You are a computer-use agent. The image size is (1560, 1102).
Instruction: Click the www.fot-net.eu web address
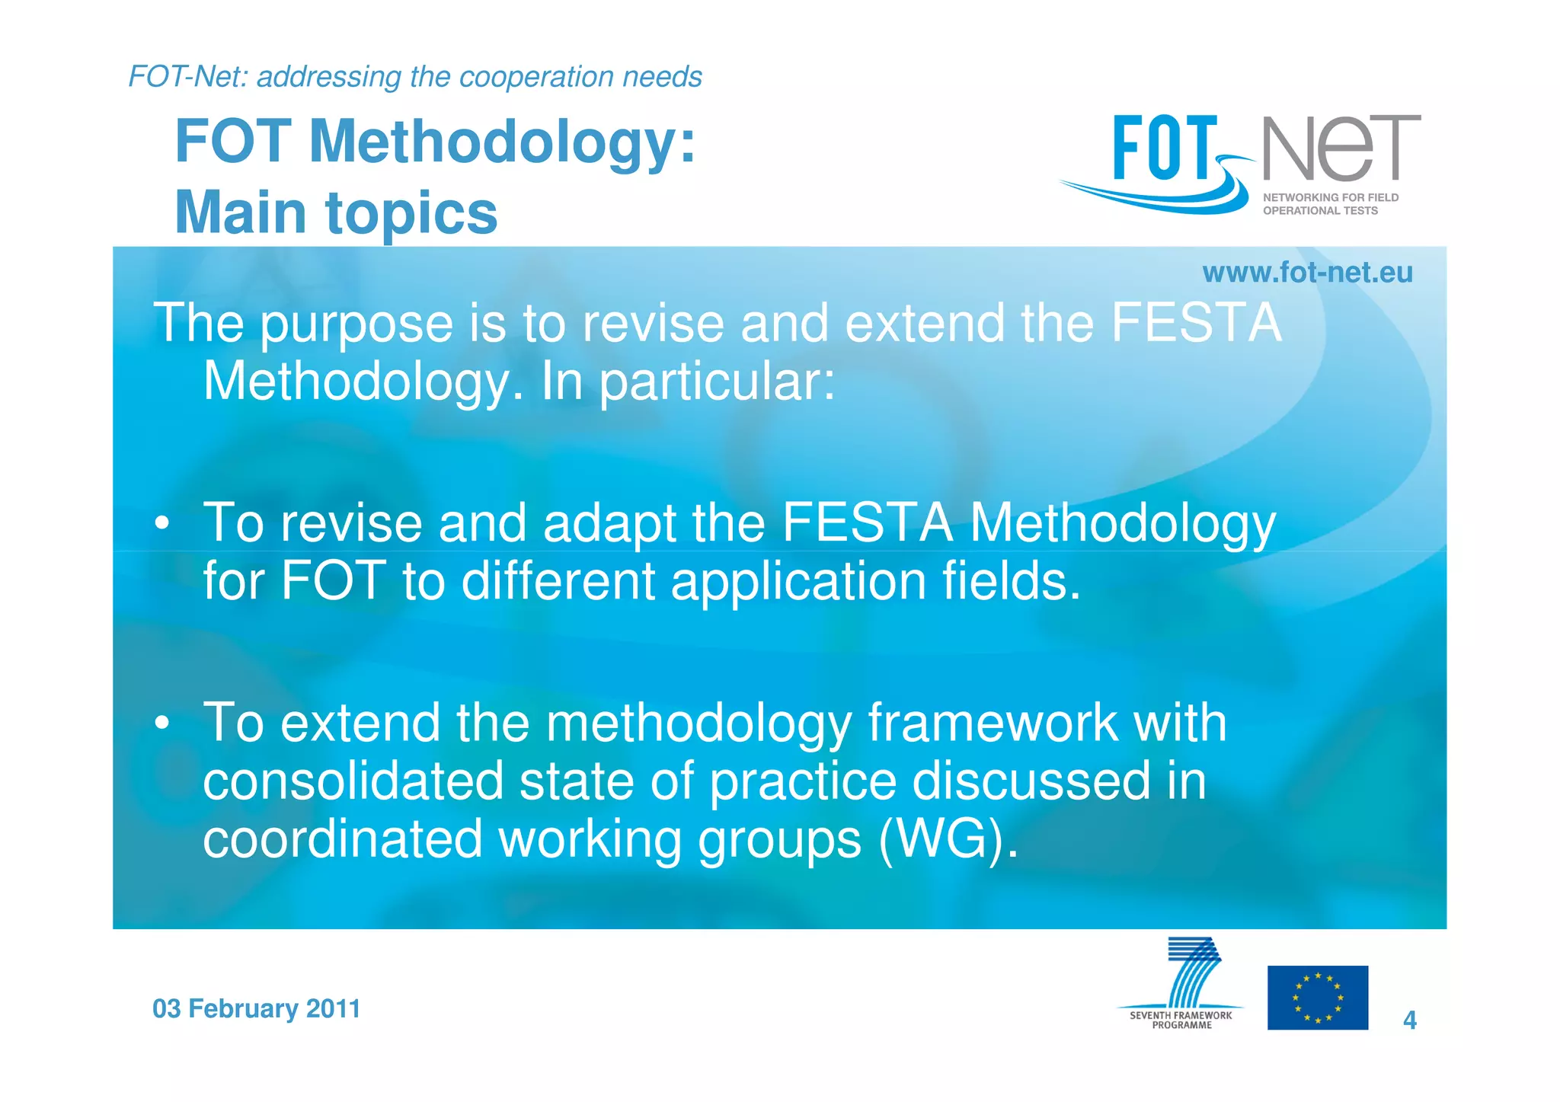tap(1307, 273)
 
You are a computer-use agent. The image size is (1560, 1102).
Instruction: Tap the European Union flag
tap(1317, 998)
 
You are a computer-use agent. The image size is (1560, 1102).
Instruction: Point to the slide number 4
tap(1409, 1020)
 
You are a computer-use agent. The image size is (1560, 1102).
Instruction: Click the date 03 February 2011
tap(256, 1008)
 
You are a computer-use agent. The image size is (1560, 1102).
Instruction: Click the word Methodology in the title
tap(502, 142)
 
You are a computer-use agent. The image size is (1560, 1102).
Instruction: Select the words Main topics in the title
tap(336, 212)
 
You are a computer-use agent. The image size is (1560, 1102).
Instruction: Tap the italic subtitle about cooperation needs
tap(415, 77)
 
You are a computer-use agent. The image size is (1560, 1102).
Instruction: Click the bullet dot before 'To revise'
tap(161, 524)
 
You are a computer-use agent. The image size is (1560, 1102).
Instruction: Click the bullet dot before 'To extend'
tap(161, 723)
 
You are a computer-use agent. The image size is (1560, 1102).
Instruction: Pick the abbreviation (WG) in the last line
tap(948, 839)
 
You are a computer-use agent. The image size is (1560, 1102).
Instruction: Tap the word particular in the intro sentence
tap(717, 382)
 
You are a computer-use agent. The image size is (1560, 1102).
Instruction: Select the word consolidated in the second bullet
tap(353, 781)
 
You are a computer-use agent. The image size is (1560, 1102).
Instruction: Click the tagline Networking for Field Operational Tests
tap(1330, 204)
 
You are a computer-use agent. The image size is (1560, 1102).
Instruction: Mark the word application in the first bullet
tap(798, 581)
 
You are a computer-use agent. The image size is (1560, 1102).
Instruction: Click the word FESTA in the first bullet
tap(867, 523)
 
